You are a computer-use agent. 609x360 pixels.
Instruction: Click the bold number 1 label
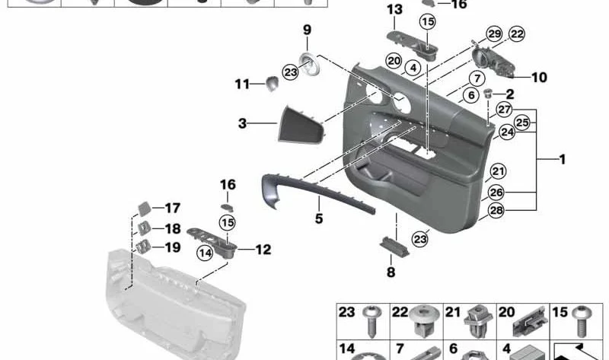pos(562,160)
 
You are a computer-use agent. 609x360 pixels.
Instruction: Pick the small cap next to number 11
pos(272,83)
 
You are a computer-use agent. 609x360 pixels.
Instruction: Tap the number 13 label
pos(394,9)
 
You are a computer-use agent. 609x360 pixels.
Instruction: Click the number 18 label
pos(173,228)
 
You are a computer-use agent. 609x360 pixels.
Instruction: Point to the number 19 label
pos(173,247)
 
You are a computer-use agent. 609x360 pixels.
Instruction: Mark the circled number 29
pos(494,33)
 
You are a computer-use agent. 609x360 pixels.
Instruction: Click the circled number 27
pos(504,109)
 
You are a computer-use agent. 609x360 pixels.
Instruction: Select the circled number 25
pos(521,122)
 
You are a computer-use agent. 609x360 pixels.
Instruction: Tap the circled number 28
pos(496,210)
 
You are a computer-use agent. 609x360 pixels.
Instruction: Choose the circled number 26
pos(496,192)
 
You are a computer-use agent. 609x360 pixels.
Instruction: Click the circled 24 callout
pos(505,132)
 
